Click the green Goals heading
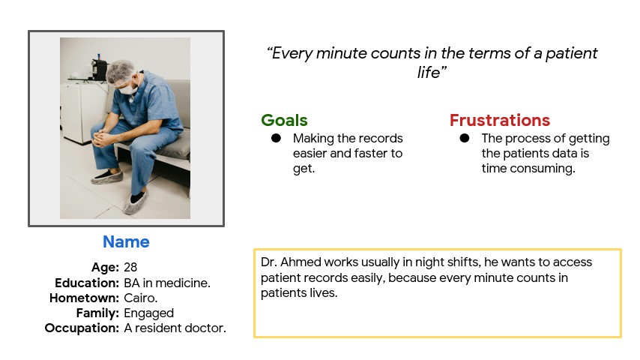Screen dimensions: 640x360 (284, 121)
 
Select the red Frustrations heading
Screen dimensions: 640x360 (500, 121)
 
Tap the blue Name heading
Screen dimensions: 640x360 (126, 242)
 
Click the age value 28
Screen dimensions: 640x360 (130, 267)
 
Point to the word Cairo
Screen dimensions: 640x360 (140, 298)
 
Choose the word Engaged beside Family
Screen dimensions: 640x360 (149, 313)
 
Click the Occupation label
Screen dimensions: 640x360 (82, 328)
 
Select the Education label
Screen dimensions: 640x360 (87, 283)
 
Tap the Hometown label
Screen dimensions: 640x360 (84, 298)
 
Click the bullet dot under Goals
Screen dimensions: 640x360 (276, 138)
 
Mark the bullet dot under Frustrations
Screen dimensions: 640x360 (465, 138)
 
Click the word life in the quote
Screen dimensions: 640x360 (428, 73)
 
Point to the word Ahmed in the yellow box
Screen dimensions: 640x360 (301, 262)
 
